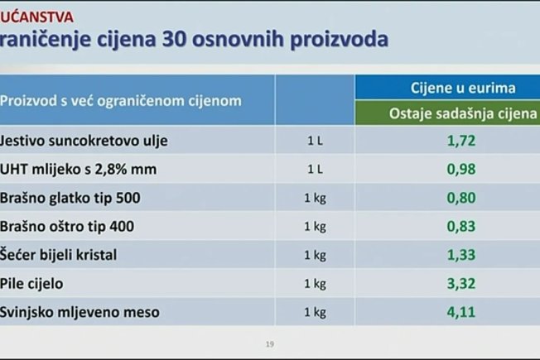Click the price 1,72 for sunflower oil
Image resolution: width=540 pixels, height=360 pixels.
pyautogui.click(x=461, y=141)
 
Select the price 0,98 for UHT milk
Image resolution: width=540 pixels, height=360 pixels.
pyautogui.click(x=461, y=169)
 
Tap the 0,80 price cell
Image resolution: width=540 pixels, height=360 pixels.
pyautogui.click(x=461, y=198)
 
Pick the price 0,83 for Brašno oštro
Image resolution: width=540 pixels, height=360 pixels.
pyautogui.click(x=461, y=227)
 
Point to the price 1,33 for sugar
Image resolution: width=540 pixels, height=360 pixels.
pyautogui.click(x=461, y=255)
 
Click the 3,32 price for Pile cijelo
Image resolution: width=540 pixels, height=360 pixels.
pyautogui.click(x=461, y=284)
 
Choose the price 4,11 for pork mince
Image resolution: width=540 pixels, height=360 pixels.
pyautogui.click(x=461, y=312)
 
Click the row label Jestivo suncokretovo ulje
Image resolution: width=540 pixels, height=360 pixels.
pyautogui.click(x=84, y=142)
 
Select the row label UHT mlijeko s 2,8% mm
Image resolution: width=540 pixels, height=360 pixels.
pyautogui.click(x=78, y=170)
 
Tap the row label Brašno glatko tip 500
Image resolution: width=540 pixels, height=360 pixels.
pyautogui.click(x=70, y=198)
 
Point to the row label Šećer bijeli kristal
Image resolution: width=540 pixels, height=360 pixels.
pyautogui.click(x=58, y=255)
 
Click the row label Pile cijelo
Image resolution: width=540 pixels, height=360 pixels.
pyautogui.click(x=31, y=284)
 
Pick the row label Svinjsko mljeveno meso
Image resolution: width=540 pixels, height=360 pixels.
pyautogui.click(x=80, y=313)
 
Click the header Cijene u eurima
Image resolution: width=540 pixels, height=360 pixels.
pyautogui.click(x=463, y=88)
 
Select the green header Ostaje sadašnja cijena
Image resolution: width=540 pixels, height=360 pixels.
pyautogui.click(x=463, y=113)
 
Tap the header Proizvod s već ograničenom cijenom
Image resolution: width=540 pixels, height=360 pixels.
pyautogui.click(x=121, y=101)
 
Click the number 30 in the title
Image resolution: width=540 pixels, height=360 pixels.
pyautogui.click(x=174, y=39)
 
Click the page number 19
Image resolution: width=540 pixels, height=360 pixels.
pyautogui.click(x=270, y=344)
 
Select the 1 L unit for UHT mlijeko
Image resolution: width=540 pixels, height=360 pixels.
pyautogui.click(x=315, y=170)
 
